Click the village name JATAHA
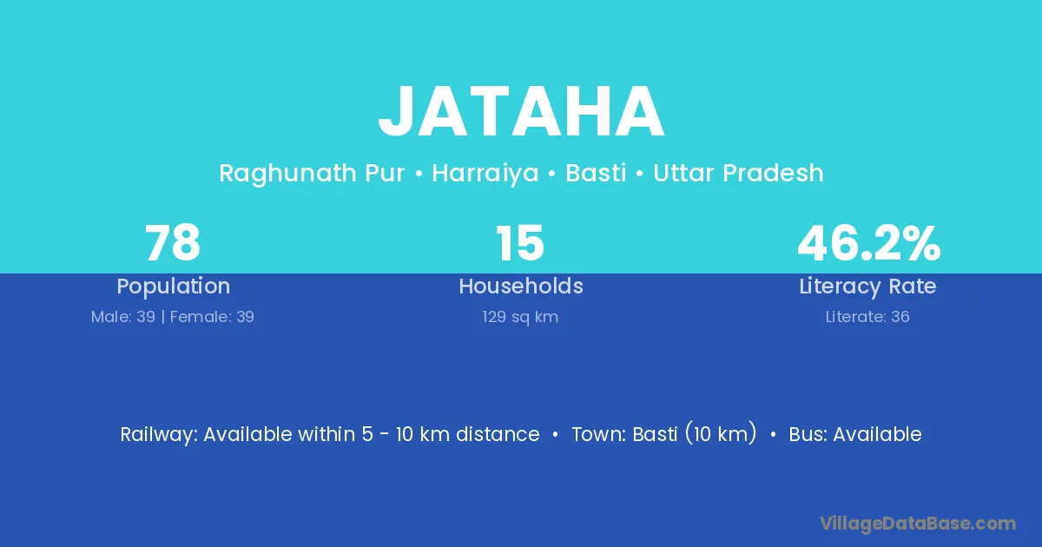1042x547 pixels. coord(521,111)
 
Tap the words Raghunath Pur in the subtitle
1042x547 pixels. coord(312,174)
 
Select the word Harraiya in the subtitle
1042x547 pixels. coord(485,174)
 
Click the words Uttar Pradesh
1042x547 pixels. coord(738,173)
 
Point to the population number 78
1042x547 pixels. coord(173,243)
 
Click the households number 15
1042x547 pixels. coord(520,243)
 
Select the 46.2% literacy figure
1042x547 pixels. coord(869,243)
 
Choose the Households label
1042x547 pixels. coord(521,286)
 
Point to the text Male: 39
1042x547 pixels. coord(122,317)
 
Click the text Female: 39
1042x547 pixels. coord(212,317)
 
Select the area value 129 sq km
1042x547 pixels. coord(520,318)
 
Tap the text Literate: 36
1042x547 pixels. coord(867,317)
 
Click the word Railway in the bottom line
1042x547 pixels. coord(159,435)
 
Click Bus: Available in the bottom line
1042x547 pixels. coord(855,434)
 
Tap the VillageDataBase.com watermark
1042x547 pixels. coord(918,524)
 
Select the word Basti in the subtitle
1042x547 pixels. coord(596,173)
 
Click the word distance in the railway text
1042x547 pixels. coord(498,434)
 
